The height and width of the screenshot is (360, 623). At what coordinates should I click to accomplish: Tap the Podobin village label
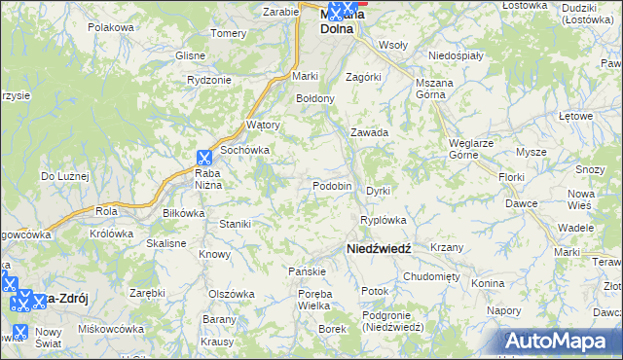point(332,186)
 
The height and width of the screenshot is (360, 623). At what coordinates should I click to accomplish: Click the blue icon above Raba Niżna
point(204,157)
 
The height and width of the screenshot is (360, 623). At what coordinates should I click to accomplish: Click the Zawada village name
point(370,132)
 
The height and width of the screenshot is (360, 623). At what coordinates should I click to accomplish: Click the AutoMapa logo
point(562,342)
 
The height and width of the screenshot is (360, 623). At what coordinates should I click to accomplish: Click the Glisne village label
point(191,55)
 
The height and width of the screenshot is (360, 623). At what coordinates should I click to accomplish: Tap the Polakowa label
point(110,27)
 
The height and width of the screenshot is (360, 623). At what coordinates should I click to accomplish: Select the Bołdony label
point(315,98)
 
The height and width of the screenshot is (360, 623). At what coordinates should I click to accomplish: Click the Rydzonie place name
point(208,80)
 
